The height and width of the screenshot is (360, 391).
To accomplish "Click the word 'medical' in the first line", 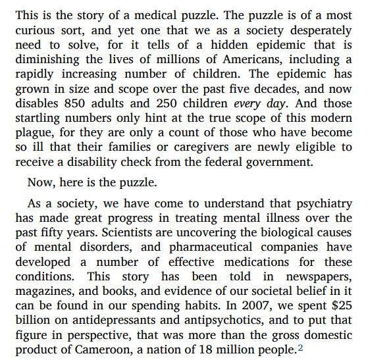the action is tap(167, 14).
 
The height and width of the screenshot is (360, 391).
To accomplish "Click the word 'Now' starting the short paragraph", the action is tap(40, 182).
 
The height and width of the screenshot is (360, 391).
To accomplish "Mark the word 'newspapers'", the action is tap(319, 276).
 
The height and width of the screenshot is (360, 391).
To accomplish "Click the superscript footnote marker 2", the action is tap(300, 347).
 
